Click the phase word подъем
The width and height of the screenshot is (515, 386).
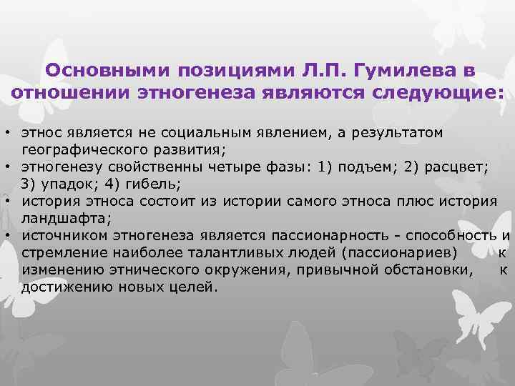(360, 167)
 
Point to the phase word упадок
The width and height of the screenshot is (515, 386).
(71, 184)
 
